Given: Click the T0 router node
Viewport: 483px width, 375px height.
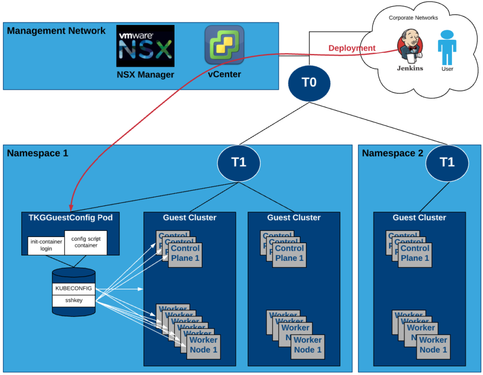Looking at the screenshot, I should (x=309, y=83).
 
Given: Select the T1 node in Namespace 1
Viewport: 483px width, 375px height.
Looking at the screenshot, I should (x=239, y=162).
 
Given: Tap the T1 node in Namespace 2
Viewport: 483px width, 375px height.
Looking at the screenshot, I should (x=447, y=162).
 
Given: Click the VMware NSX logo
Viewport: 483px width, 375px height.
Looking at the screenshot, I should (x=145, y=46).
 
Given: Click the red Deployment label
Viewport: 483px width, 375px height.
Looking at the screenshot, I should (x=352, y=48).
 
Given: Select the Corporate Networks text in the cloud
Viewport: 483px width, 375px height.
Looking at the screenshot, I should (x=413, y=18).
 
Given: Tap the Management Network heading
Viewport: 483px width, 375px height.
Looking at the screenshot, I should (x=57, y=31).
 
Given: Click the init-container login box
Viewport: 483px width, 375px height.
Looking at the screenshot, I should (x=46, y=245).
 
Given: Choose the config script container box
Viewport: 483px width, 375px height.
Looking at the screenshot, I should (x=85, y=242).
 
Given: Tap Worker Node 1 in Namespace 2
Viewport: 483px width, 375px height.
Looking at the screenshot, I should (x=433, y=345).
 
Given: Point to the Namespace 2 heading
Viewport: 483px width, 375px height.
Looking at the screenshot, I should (x=392, y=153).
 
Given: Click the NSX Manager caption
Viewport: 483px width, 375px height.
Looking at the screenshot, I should (x=145, y=75).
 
